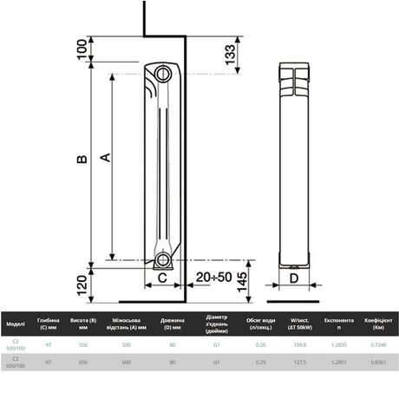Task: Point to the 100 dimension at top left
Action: click(82, 49)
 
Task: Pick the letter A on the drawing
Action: click(104, 157)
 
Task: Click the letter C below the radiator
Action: click(162, 278)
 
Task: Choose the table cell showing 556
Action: click(83, 345)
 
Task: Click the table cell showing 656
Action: click(83, 362)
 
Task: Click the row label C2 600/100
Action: click(16, 362)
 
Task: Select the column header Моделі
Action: click(16, 324)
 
